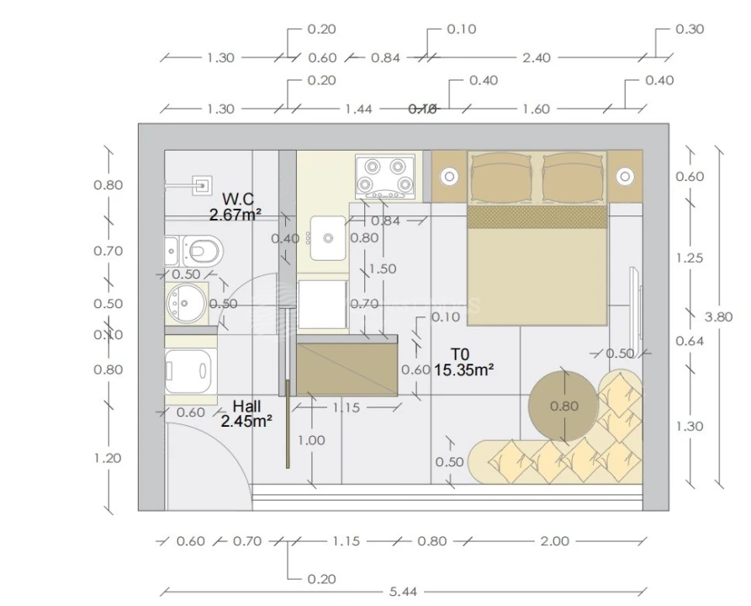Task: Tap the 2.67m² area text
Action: coord(235,215)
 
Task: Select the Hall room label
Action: coord(246,406)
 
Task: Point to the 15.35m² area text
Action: coord(463,369)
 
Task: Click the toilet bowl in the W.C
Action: coord(203,249)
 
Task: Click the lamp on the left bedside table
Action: coord(449,176)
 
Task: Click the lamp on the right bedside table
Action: coord(625,176)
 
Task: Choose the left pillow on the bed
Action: coord(500,179)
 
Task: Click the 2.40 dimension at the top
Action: coord(536,58)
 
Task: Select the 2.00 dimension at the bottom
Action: coord(554,541)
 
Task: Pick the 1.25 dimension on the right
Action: coord(690,258)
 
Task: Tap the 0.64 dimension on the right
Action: coord(690,341)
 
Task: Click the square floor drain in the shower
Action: coord(203,183)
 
